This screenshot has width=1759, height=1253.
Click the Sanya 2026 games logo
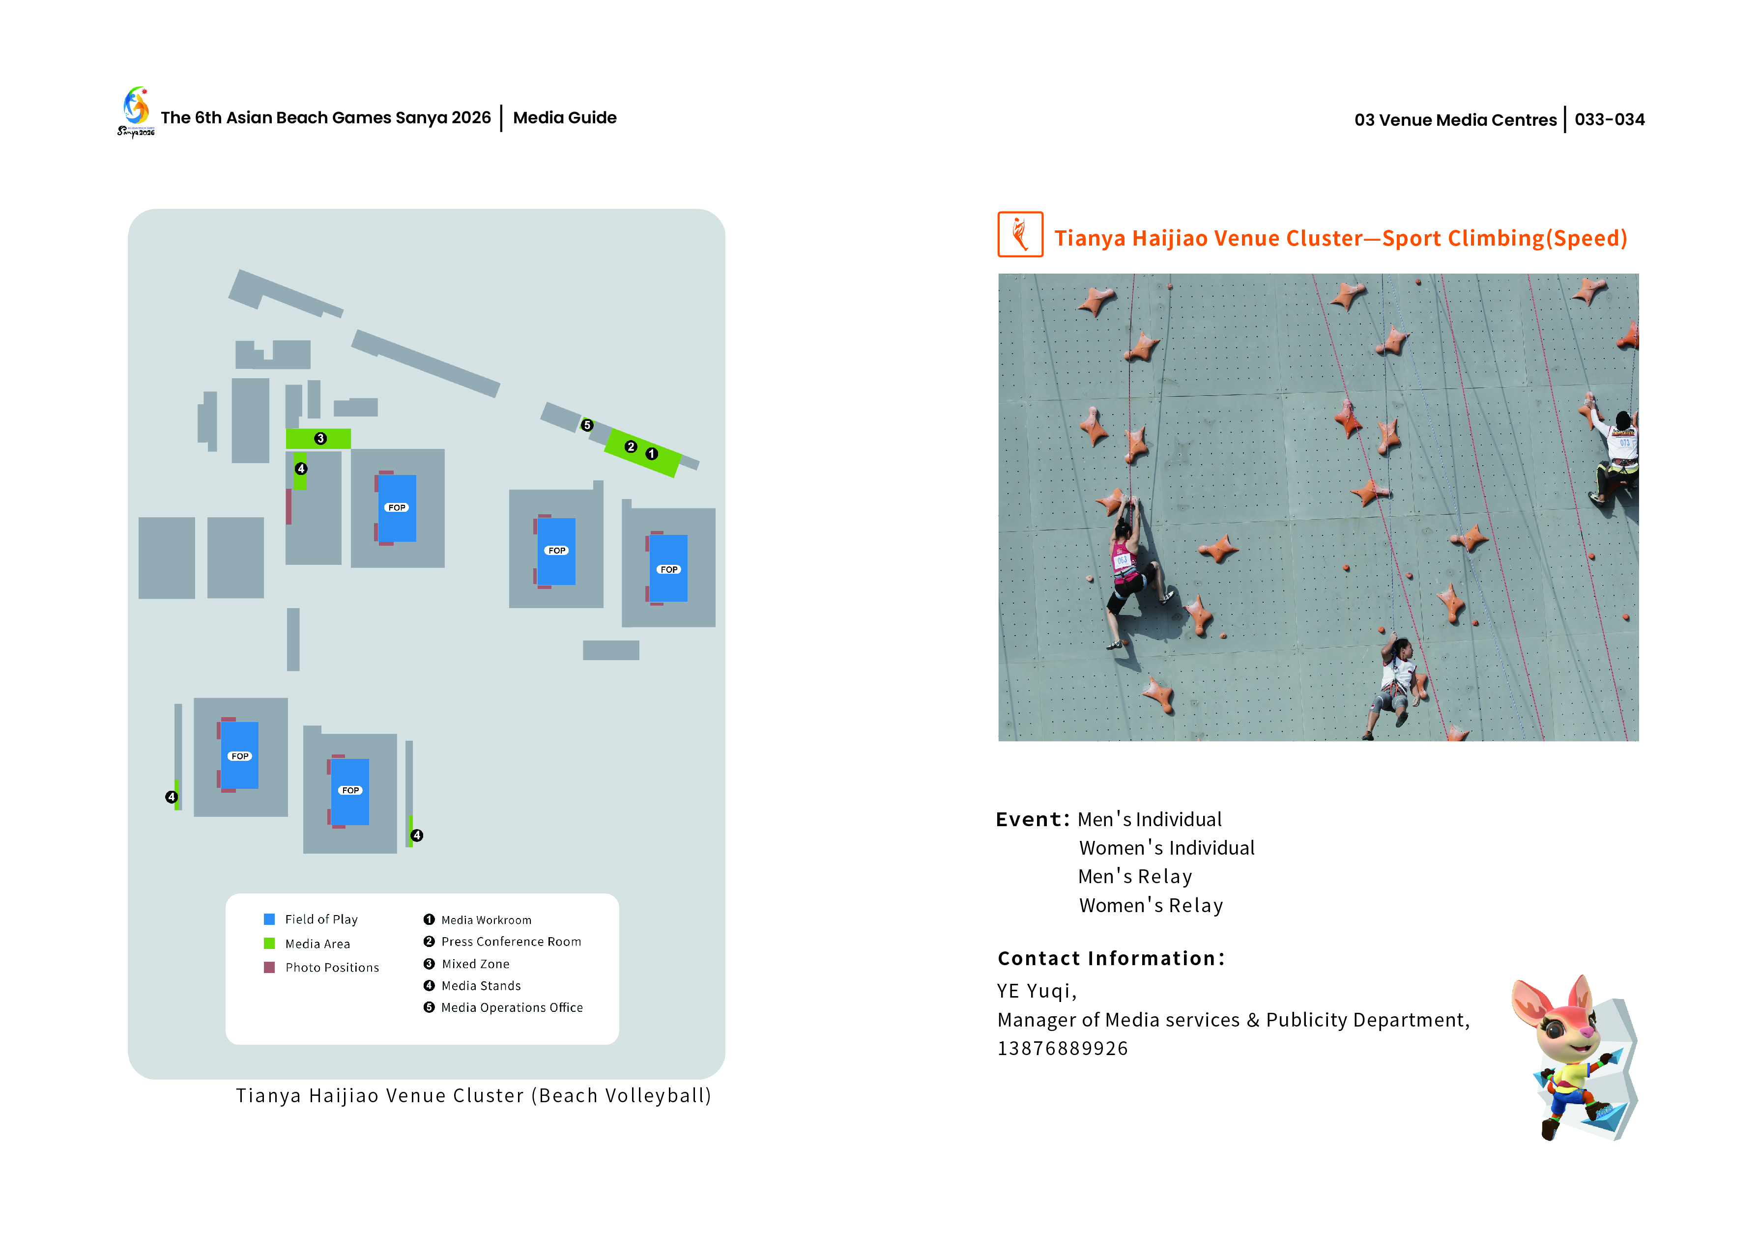pyautogui.click(x=136, y=111)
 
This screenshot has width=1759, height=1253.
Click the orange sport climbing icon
pyautogui.click(x=1020, y=235)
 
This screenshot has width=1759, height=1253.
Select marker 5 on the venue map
pyautogui.click(x=587, y=425)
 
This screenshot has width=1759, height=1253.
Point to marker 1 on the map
pyautogui.click(x=651, y=454)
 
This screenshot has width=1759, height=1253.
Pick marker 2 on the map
pyautogui.click(x=631, y=447)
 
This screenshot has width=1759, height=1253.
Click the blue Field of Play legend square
pyautogui.click(x=269, y=919)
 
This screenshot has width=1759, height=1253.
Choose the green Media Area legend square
pyautogui.click(x=269, y=943)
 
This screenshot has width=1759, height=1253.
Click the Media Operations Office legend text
pyautogui.click(x=512, y=1007)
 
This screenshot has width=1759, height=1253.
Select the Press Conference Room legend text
pyautogui.click(x=511, y=941)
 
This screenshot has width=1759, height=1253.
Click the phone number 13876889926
pyautogui.click(x=1062, y=1049)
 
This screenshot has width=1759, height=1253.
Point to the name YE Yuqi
pyautogui.click(x=1036, y=991)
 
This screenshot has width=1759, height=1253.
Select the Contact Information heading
pyautogui.click(x=1111, y=958)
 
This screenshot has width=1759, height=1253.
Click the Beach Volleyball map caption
pyautogui.click(x=473, y=1096)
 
